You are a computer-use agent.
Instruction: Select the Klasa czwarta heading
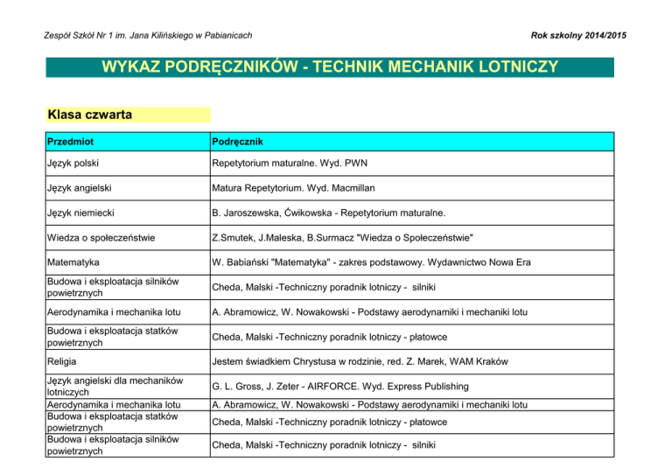90,115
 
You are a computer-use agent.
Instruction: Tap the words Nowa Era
507,261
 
